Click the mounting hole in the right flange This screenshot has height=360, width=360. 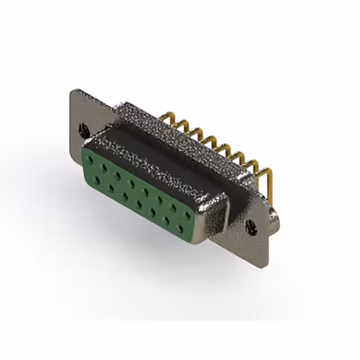pos(251,227)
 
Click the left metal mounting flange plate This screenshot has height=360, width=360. pos(84,112)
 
